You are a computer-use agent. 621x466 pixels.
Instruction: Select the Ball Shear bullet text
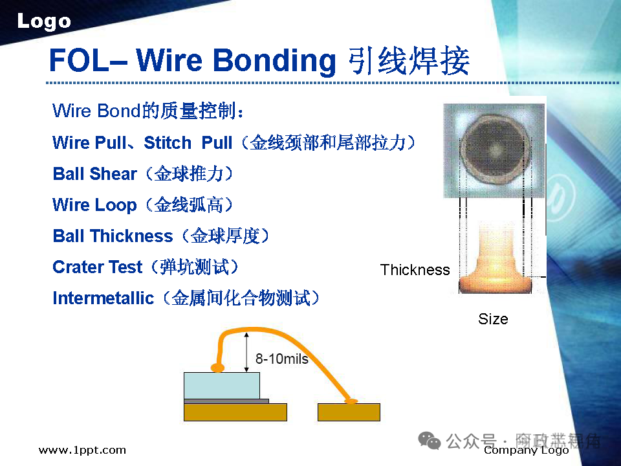[94, 173]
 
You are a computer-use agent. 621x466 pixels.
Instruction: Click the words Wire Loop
[94, 205]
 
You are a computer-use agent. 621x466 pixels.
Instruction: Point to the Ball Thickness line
[113, 236]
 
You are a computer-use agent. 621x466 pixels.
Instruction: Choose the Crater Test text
[97, 267]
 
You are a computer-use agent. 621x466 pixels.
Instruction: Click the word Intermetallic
[103, 298]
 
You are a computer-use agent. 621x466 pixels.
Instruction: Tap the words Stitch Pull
[188, 142]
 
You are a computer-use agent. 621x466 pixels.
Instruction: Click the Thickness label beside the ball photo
[415, 270]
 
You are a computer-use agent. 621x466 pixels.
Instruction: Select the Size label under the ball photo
[493, 318]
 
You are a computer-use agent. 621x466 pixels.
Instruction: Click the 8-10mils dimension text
[281, 359]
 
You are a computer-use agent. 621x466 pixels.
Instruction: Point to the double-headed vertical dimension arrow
[246, 352]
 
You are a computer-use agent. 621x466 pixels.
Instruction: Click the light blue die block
[222, 386]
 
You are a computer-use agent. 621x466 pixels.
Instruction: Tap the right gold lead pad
[349, 412]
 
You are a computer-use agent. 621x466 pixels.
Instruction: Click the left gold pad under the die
[235, 412]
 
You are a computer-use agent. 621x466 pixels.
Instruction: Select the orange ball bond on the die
[218, 368]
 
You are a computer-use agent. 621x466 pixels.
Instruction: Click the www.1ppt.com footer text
[82, 450]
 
